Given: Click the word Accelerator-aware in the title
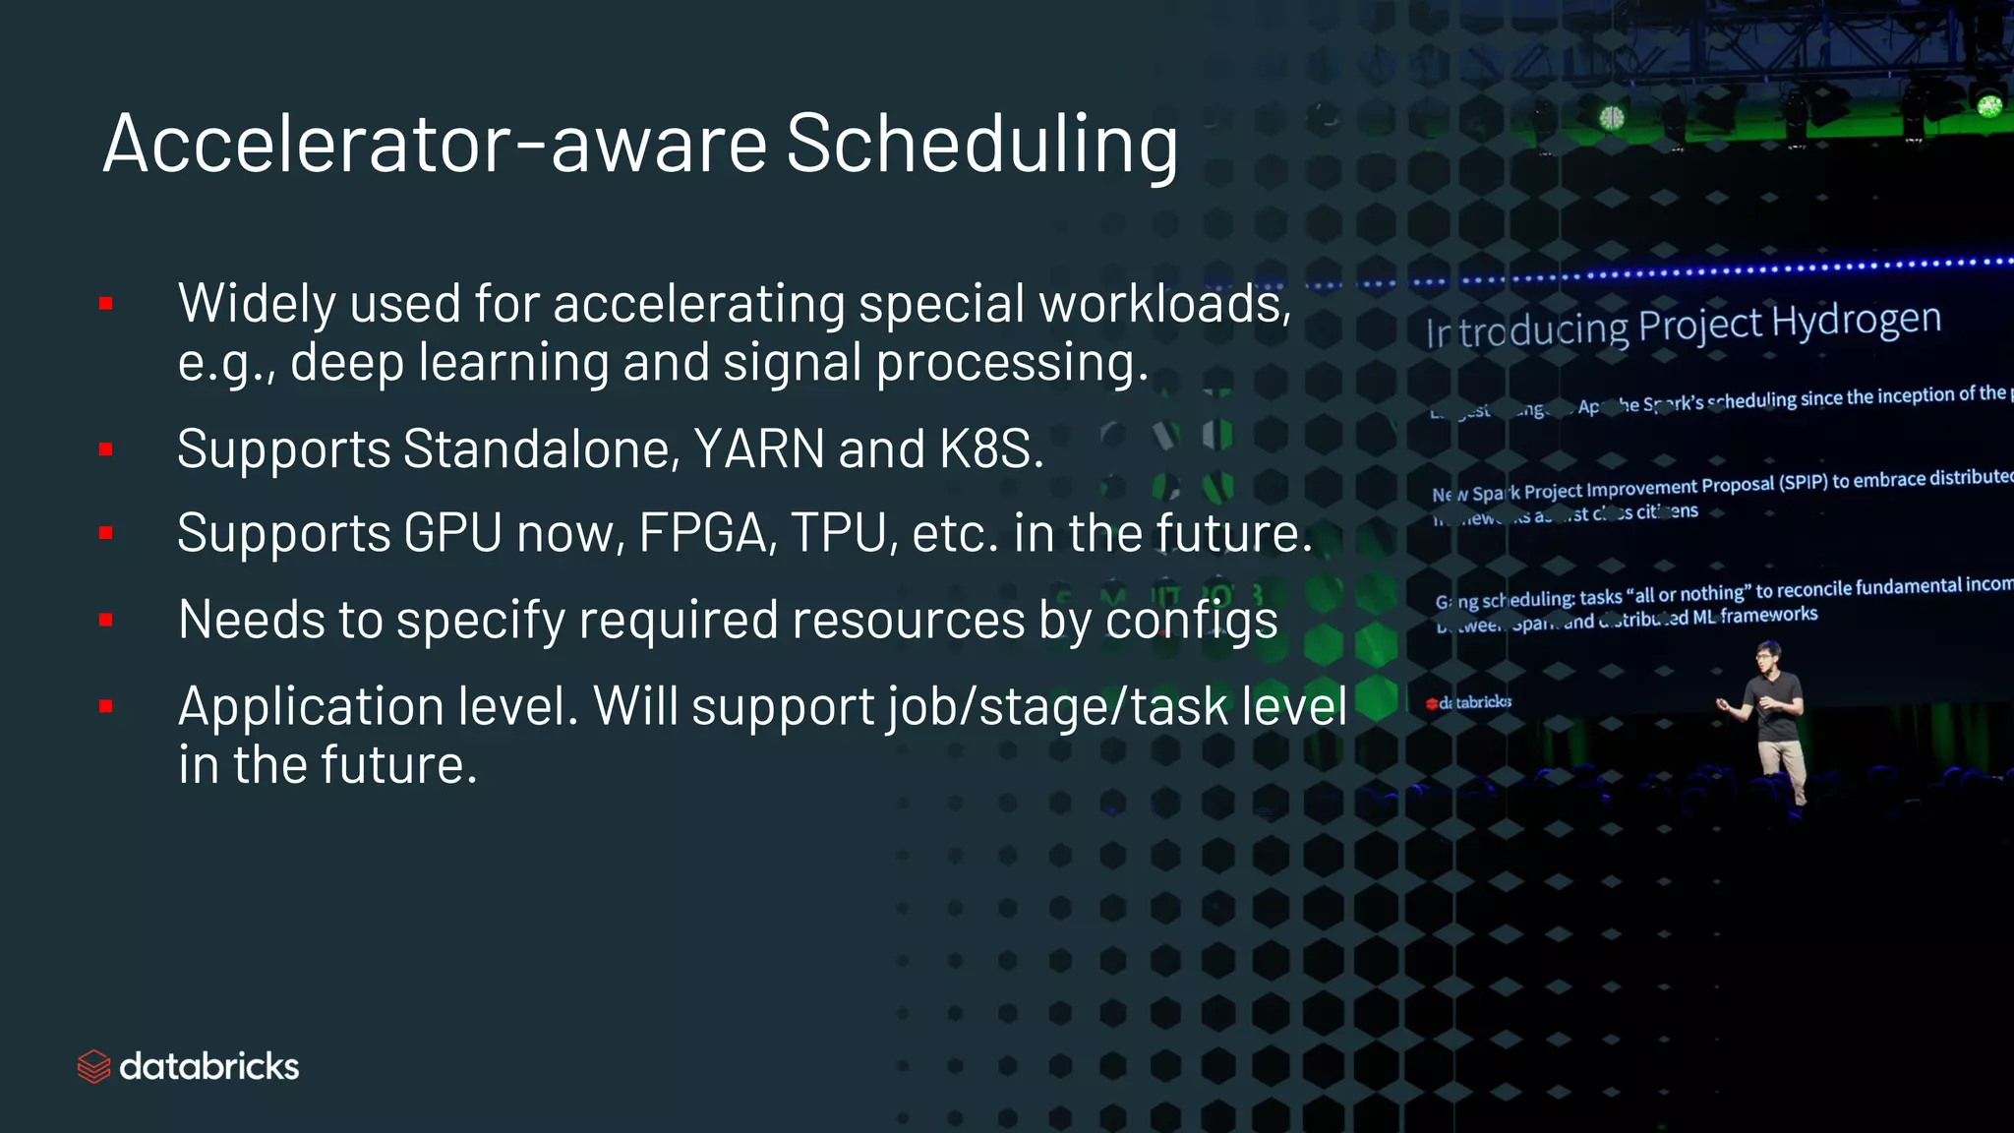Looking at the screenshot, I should point(434,146).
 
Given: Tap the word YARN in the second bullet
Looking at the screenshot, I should point(759,449).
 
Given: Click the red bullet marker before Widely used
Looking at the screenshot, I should point(106,304).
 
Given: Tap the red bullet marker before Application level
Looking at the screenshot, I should point(106,706).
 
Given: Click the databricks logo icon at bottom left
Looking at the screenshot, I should point(93,1066).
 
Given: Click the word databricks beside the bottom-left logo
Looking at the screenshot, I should point(208,1066).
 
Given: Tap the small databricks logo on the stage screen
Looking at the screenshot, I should point(1469,702).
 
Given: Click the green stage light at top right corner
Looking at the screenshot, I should point(1988,104).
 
